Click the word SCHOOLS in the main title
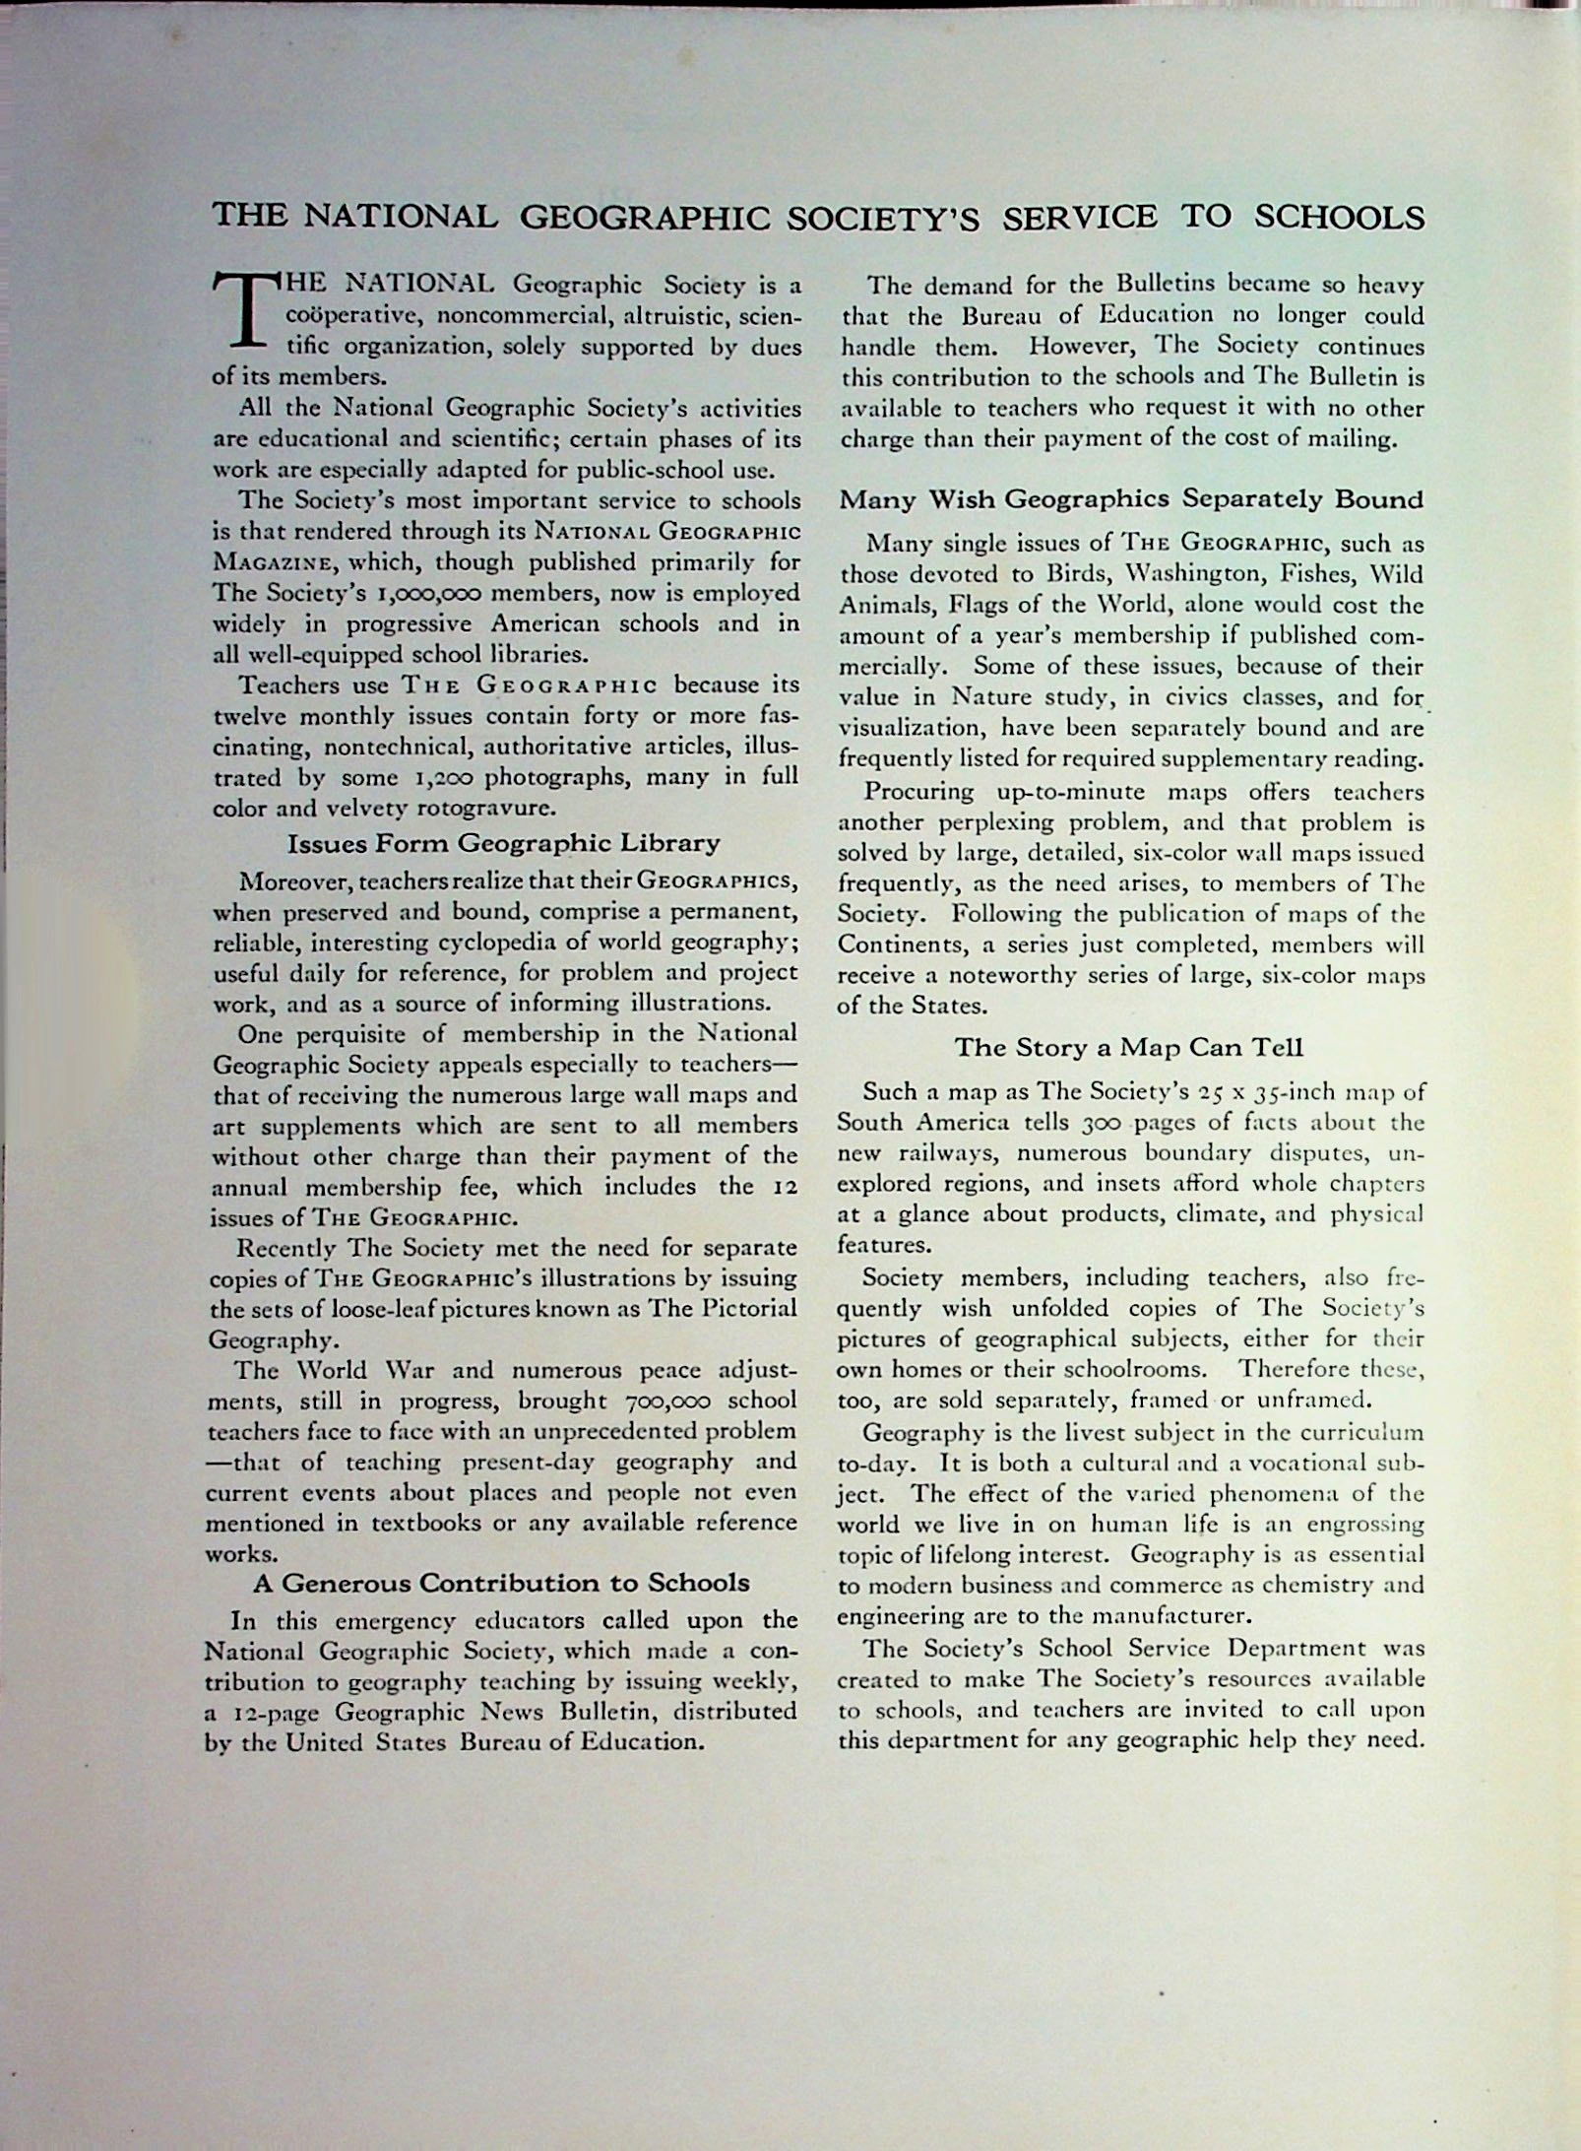click(x=1340, y=218)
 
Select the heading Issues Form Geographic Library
click(x=503, y=844)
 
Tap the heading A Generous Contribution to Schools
click(x=501, y=1583)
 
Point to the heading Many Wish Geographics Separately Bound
click(x=1131, y=499)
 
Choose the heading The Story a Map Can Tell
click(x=1129, y=1048)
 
